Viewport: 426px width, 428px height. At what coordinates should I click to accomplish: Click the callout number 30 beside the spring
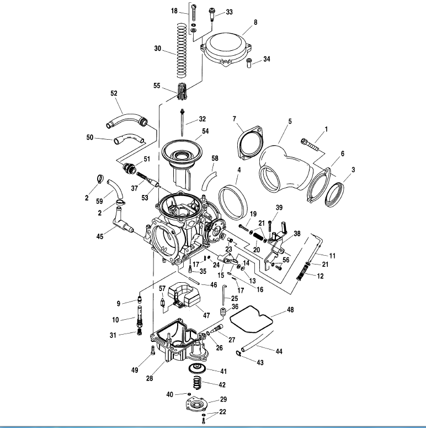click(158, 48)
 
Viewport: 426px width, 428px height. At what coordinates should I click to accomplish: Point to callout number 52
click(114, 93)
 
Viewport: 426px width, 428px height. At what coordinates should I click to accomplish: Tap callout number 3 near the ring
click(353, 170)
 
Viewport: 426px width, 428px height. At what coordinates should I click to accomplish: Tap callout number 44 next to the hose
click(279, 351)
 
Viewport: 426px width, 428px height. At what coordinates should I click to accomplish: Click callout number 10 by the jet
click(117, 320)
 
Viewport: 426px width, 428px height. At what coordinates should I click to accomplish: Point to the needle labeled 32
click(183, 120)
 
